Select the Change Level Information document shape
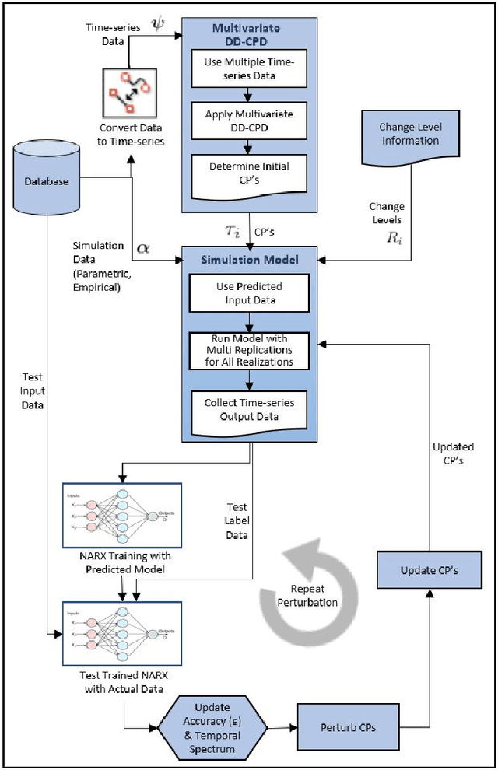409,136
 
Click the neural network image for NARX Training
121,516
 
